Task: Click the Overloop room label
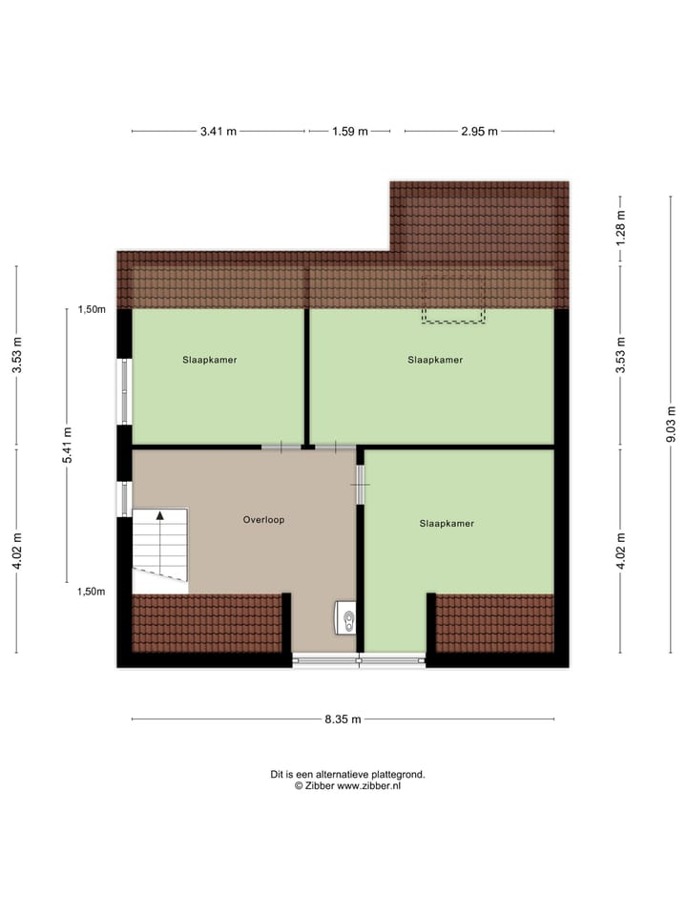[x=263, y=520]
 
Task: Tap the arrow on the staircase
[x=160, y=516]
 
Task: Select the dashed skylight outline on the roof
[x=454, y=301]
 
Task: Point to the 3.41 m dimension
[x=219, y=132]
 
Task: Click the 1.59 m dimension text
[x=349, y=132]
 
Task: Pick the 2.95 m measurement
[x=479, y=132]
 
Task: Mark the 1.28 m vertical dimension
[x=620, y=229]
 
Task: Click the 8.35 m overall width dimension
[x=342, y=719]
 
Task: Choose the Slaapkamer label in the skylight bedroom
[x=435, y=360]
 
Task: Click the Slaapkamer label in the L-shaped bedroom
[x=447, y=523]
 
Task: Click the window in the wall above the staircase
[x=123, y=497]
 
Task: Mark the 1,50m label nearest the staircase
[x=92, y=592]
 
